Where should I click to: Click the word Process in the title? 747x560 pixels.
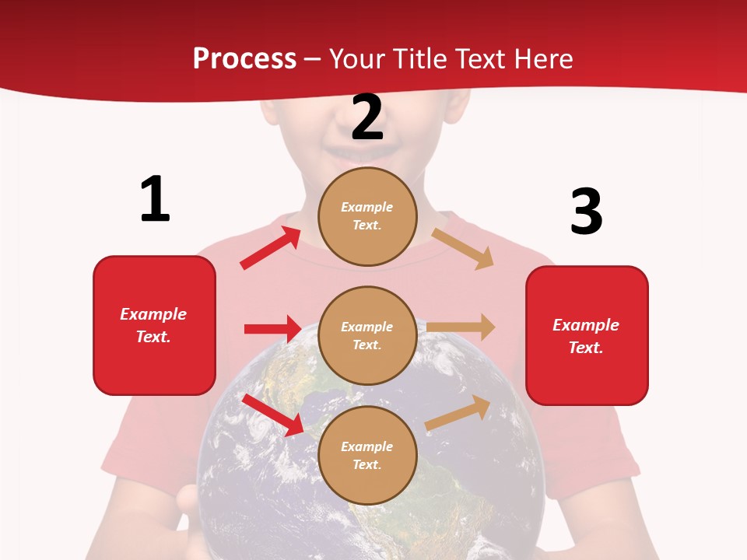click(244, 58)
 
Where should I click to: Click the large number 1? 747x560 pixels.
click(155, 199)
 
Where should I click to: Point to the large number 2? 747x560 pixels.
click(367, 117)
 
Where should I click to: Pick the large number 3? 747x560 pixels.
click(586, 212)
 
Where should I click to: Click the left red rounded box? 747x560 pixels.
click(154, 325)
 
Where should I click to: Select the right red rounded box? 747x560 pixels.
click(587, 335)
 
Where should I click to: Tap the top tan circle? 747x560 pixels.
click(367, 216)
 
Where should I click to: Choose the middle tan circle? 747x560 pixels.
click(367, 335)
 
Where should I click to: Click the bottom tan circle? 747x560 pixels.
click(367, 455)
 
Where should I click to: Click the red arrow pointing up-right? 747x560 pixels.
click(271, 247)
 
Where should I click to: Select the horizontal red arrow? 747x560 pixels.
click(272, 329)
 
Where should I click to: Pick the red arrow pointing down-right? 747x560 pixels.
click(273, 415)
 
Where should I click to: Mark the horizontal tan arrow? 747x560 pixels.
click(461, 327)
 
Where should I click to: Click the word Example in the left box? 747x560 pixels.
click(153, 314)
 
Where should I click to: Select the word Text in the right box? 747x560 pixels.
click(584, 348)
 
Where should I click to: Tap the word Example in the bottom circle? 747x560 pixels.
click(367, 446)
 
